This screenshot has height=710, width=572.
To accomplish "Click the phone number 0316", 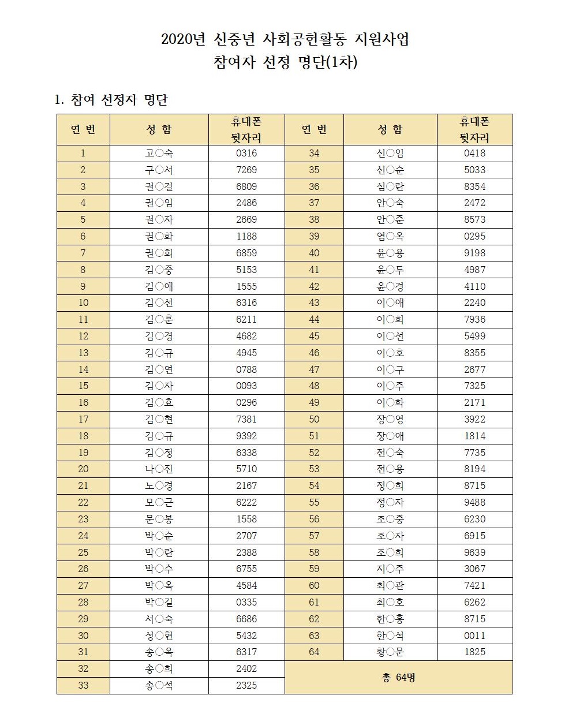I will point(246,154).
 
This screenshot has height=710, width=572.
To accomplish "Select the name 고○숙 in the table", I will point(159,154).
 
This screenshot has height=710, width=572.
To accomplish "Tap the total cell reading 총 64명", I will point(398,677).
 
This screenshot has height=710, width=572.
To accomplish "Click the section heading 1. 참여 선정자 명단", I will point(111,100).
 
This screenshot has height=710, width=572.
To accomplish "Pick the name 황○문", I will point(390,652).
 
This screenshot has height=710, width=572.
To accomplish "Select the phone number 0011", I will point(474,636).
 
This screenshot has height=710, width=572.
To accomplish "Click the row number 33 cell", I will point(83,686).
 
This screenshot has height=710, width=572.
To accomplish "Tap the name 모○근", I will point(159,503).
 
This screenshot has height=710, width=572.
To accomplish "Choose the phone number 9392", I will point(246,436).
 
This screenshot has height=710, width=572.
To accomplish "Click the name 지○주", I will point(390,569).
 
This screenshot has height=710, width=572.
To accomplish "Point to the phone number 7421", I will point(474,586).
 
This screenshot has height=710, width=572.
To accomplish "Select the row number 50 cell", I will point(314,420).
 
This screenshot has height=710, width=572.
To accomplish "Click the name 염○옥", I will point(390,237).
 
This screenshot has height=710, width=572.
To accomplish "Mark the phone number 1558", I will point(246,520).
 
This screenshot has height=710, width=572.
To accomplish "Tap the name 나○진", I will point(159,469).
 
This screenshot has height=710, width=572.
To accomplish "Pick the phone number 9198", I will point(474,253).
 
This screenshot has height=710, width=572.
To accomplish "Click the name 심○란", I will point(390,187).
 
